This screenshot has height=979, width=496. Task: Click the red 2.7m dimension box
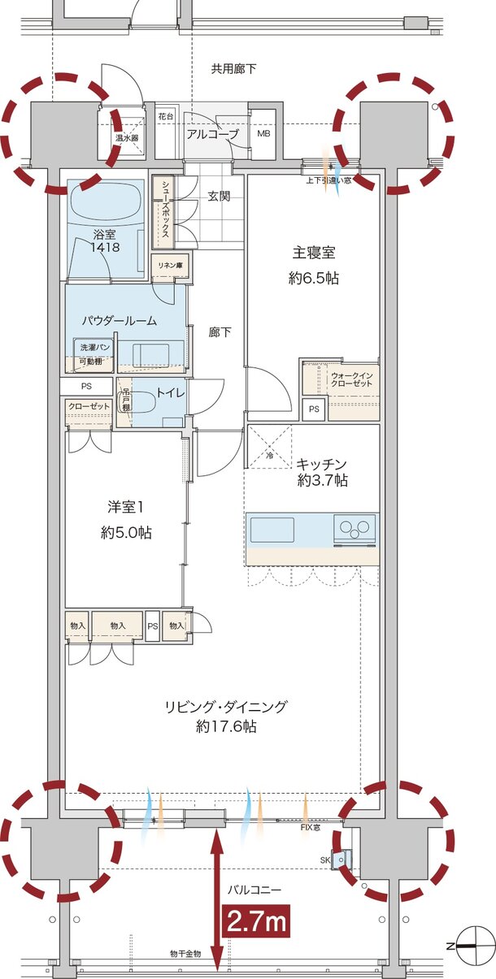[256, 921]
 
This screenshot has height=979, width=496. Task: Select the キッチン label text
[322, 464]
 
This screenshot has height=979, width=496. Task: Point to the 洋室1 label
[125, 507]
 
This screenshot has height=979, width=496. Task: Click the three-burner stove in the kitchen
[355, 530]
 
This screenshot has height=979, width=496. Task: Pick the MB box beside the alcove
[264, 133]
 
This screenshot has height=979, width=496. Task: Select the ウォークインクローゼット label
[353, 379]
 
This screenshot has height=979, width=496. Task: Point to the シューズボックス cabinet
[163, 211]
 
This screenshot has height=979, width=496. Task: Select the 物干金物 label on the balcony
[185, 952]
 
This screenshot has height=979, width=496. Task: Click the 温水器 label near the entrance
[126, 138]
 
